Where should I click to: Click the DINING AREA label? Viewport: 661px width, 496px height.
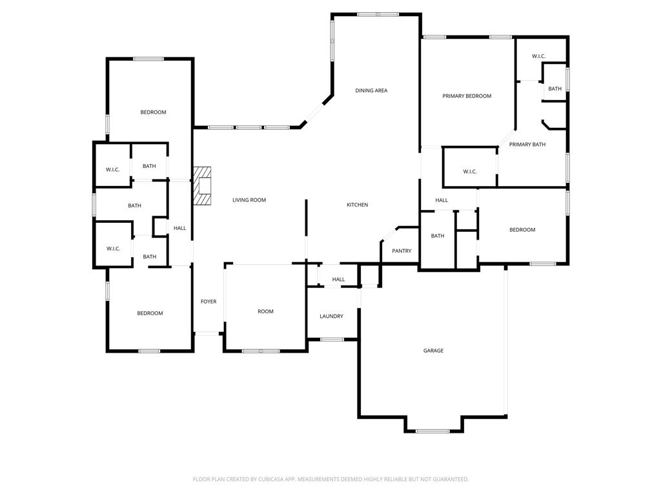[x=371, y=90]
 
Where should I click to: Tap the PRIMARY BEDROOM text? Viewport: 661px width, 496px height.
[x=467, y=96]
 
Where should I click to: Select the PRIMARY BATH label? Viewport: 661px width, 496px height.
[x=527, y=145]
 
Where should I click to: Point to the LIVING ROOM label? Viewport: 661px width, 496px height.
[x=249, y=200]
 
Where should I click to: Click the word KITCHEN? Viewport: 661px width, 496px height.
[x=357, y=205]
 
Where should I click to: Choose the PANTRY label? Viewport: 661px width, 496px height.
[x=402, y=251]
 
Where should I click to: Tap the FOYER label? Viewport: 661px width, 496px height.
[x=208, y=302]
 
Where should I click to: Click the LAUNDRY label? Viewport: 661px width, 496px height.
[x=331, y=316]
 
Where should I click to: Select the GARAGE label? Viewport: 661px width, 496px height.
[x=433, y=351]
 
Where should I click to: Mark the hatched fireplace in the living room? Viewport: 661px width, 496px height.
[x=203, y=186]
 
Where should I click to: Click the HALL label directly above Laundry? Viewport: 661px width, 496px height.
[x=338, y=280]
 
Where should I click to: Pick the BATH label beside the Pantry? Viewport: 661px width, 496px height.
[x=438, y=236]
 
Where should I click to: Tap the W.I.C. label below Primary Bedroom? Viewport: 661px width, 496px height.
[x=470, y=172]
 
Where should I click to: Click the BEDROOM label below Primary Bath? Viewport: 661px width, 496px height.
[x=522, y=230]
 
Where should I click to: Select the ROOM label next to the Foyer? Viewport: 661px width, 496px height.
[x=265, y=311]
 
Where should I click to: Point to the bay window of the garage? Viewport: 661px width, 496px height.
[x=432, y=431]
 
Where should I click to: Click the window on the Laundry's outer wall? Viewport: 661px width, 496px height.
[x=332, y=340]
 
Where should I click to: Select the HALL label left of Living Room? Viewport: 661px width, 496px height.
[x=179, y=228]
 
